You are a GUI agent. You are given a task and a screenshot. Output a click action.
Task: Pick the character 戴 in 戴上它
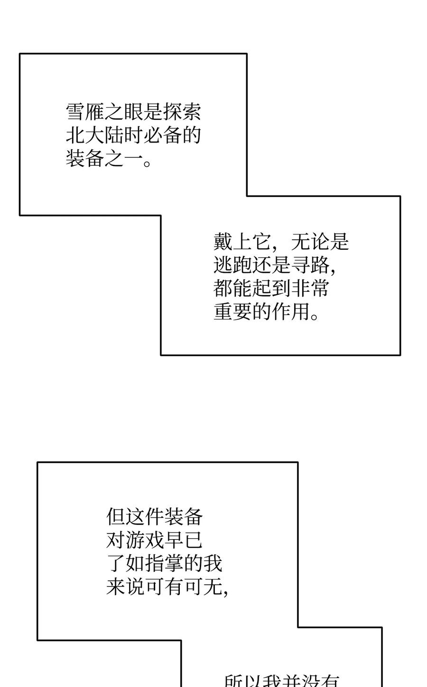[x=223, y=242]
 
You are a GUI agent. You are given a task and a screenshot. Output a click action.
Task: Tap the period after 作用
[x=314, y=315]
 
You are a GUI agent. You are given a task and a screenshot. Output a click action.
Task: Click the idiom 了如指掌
[x=145, y=564]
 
